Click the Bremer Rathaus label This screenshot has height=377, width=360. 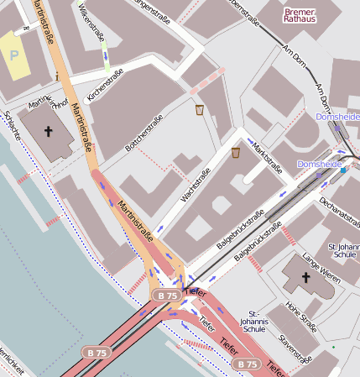click(305, 15)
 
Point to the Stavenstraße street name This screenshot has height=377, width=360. click(295, 346)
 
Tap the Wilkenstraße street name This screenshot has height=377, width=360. click(93, 25)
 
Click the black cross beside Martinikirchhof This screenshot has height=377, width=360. click(49, 131)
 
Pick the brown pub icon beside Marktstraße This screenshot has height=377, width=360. click(236, 153)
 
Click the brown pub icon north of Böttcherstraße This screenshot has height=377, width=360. click(199, 110)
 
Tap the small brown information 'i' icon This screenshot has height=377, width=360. click(55, 76)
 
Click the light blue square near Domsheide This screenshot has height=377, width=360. click(342, 170)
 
